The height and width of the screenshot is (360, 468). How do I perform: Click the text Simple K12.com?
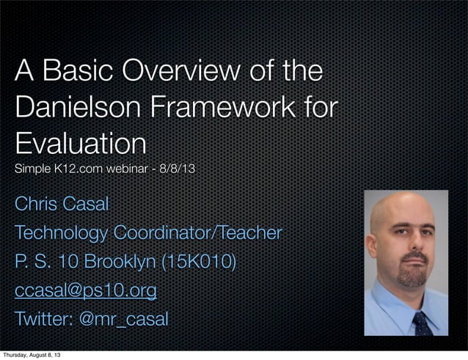58,170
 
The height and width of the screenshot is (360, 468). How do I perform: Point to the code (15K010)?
203,262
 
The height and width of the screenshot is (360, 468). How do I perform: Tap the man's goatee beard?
409,281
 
